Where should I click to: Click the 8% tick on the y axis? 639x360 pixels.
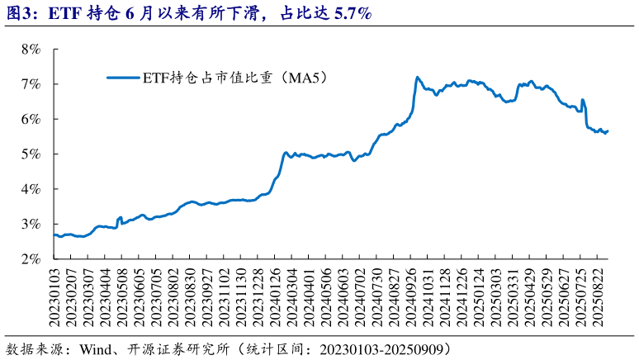(x=31, y=50)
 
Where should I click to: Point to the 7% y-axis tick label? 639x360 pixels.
(x=31, y=84)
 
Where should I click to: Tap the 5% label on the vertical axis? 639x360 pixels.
(x=31, y=154)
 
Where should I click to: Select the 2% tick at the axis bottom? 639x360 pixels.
(x=31, y=259)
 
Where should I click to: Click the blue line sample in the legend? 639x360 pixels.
(x=123, y=78)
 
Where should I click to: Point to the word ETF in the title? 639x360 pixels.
(x=64, y=13)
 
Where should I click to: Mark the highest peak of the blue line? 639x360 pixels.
(x=418, y=77)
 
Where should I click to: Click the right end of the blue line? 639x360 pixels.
(x=608, y=130)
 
